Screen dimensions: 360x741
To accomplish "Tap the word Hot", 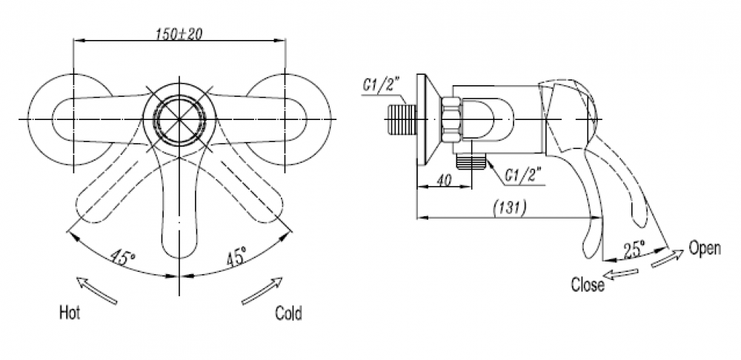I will (x=70, y=313).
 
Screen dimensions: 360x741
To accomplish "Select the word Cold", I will (x=288, y=313).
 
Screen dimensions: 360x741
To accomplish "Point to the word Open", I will (x=704, y=248).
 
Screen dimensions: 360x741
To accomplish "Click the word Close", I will (x=588, y=284).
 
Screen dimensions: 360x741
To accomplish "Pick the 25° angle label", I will (x=633, y=249).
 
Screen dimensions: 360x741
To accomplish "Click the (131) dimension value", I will (x=509, y=208).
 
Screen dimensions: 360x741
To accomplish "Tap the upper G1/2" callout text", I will (x=383, y=86).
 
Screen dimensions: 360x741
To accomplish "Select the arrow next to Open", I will (x=668, y=258).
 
